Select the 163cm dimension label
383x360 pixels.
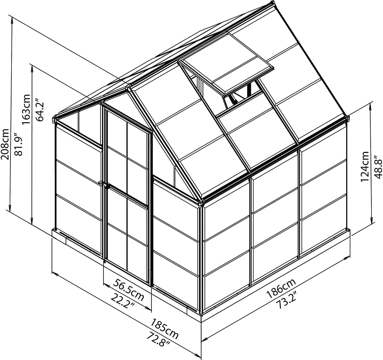click(x=27, y=109)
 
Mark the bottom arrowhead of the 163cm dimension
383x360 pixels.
click(x=32, y=222)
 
